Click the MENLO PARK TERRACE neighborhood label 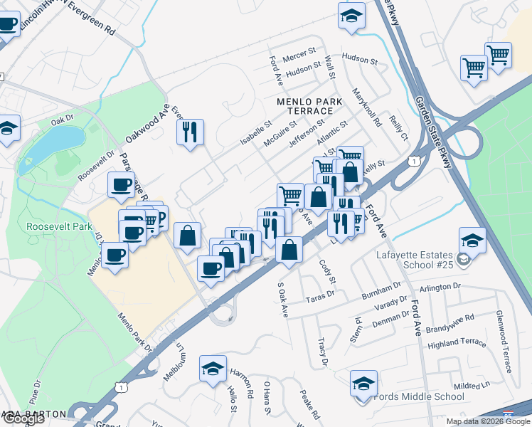click(x=304, y=106)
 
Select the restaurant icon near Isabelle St click(x=190, y=132)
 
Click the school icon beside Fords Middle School click(x=363, y=384)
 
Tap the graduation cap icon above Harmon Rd click(x=213, y=369)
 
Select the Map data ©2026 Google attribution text click(x=488, y=421)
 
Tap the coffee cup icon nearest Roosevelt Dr click(x=121, y=184)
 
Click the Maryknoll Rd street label click(x=366, y=107)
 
